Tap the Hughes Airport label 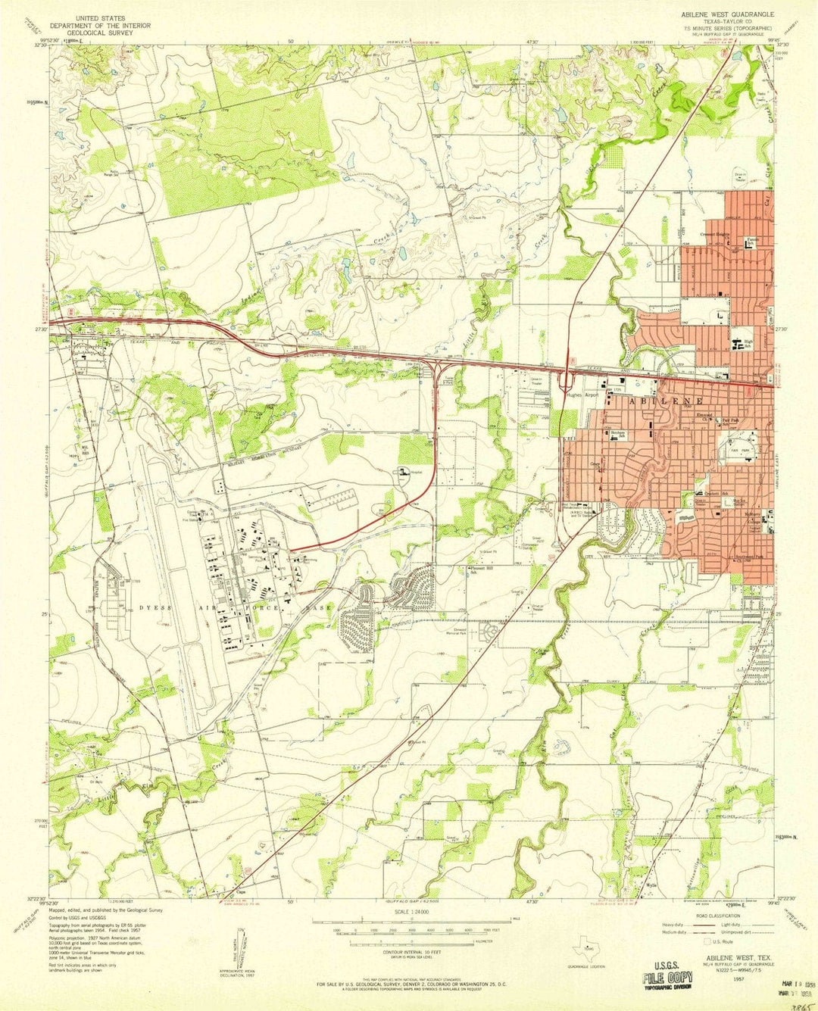click(582, 395)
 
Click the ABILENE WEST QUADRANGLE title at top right click(726, 14)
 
